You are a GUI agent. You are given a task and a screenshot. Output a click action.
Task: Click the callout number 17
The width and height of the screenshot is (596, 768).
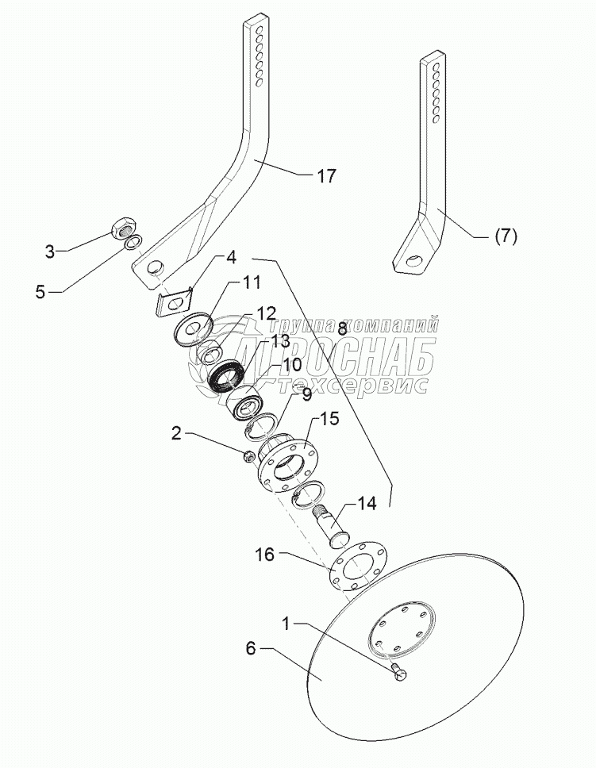click(327, 176)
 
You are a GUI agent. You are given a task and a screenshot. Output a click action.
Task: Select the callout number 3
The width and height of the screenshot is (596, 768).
click(49, 252)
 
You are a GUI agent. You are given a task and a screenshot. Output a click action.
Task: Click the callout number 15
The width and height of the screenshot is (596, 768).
click(329, 418)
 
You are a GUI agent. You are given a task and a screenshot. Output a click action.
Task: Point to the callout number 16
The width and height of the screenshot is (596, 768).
click(267, 555)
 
